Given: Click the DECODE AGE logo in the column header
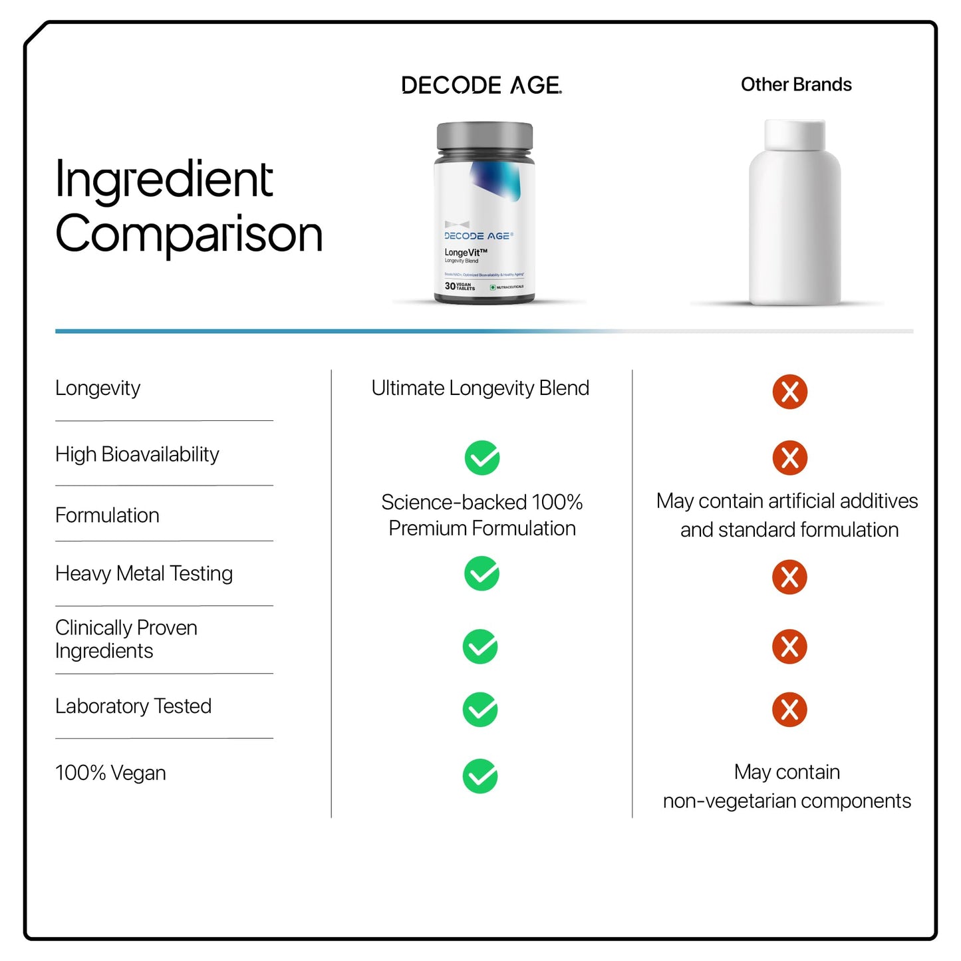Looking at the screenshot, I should [x=481, y=85].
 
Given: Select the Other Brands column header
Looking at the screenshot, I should [x=795, y=84].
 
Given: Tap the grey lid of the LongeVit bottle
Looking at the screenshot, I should [x=484, y=136].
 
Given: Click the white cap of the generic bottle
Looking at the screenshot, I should [x=795, y=135].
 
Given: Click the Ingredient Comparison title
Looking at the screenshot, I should [x=188, y=206].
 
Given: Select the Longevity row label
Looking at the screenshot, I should [x=98, y=388].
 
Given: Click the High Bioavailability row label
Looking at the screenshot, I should [x=137, y=455].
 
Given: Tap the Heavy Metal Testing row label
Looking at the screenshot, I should [x=144, y=573].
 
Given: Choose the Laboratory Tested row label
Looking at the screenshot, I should [x=133, y=706].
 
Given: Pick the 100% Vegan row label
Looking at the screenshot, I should [x=110, y=773].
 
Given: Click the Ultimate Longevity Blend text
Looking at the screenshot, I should [x=480, y=388].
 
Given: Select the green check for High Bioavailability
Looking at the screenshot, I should [x=482, y=458].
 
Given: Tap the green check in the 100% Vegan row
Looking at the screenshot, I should [x=480, y=776].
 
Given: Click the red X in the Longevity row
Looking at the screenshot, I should [x=789, y=392].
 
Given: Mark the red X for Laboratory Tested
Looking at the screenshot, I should [x=789, y=710].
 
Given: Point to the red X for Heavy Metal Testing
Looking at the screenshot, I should [x=789, y=577].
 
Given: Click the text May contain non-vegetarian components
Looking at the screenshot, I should [x=787, y=787].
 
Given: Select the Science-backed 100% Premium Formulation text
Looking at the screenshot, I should [x=481, y=515].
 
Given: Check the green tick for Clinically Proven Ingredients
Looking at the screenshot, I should [x=480, y=646].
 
